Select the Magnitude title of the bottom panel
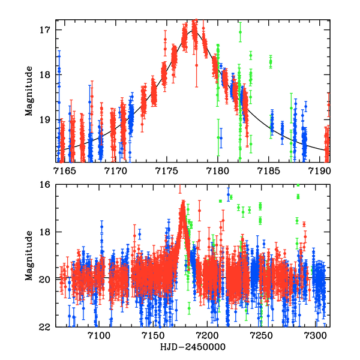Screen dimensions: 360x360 (x=29, y=255)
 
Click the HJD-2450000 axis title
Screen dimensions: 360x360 (x=192, y=347)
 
